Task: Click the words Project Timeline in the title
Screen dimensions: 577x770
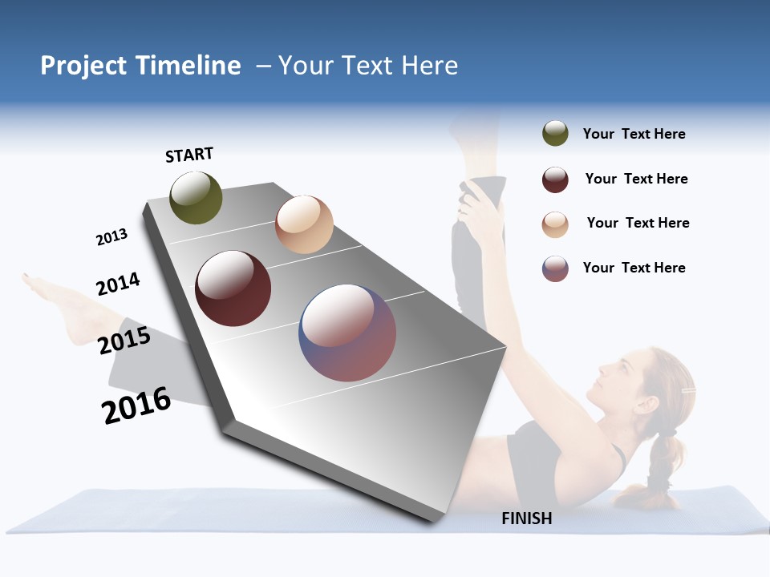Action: [140, 66]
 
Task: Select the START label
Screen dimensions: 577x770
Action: [189, 155]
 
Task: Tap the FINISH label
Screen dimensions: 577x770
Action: [527, 518]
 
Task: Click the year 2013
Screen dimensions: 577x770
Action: [111, 237]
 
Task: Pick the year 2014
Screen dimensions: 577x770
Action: [118, 284]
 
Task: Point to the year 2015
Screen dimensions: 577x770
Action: [124, 340]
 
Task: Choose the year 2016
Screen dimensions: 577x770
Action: [136, 405]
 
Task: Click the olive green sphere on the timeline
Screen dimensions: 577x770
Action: [196, 197]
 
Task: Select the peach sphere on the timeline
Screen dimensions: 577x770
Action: [304, 224]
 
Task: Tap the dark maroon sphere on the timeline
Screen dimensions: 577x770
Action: [233, 288]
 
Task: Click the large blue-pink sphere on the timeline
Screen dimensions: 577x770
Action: [347, 333]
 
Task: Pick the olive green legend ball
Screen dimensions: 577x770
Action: [555, 134]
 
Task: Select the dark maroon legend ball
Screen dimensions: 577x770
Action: [555, 180]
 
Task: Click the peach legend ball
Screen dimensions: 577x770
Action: [555, 224]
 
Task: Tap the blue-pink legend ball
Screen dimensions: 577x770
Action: [555, 268]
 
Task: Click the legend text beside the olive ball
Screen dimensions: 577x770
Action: [634, 134]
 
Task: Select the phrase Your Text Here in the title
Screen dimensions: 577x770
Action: [368, 66]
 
